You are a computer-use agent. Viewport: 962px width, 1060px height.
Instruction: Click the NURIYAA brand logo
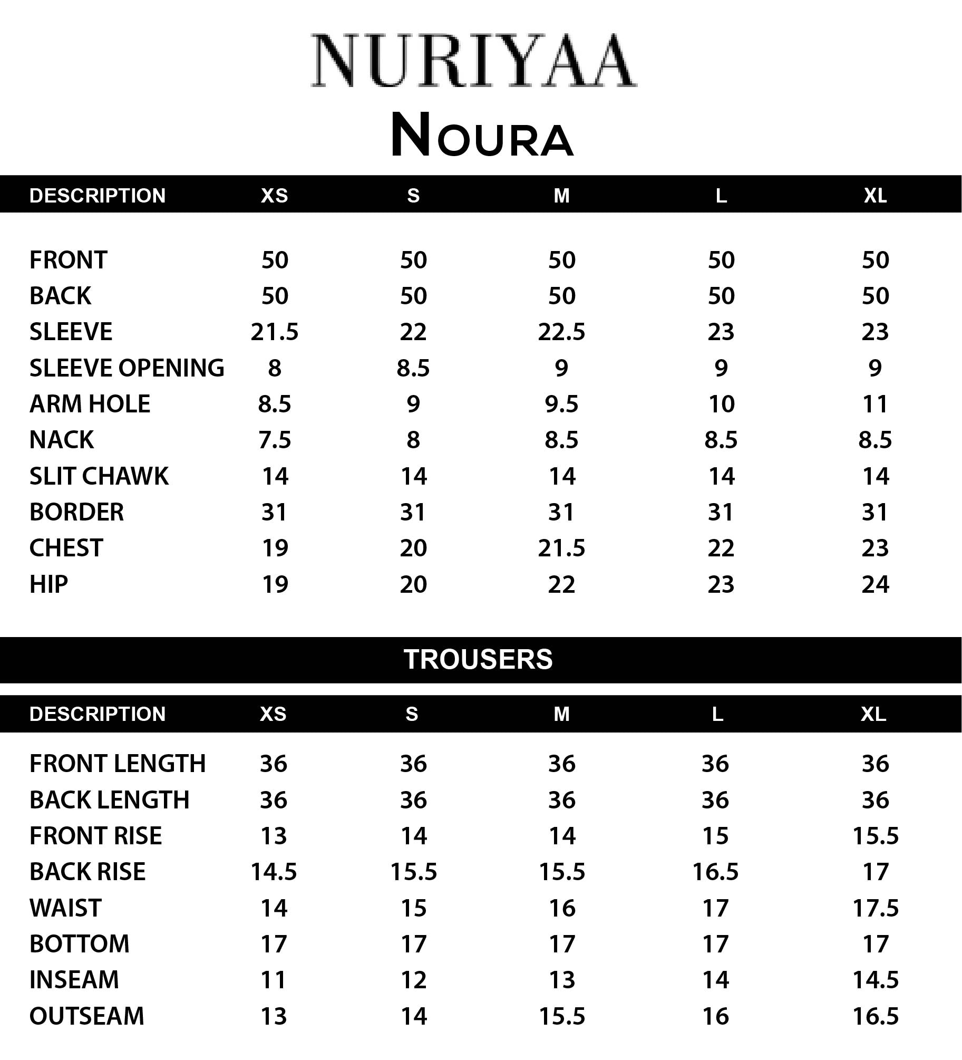click(x=473, y=61)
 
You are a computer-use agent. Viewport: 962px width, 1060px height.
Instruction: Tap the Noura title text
click(x=482, y=136)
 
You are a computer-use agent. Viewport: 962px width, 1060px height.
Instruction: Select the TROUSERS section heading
click(x=478, y=659)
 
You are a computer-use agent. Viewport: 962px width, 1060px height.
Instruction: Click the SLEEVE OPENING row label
click(x=127, y=368)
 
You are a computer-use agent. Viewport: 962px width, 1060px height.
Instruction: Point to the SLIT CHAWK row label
click(x=99, y=476)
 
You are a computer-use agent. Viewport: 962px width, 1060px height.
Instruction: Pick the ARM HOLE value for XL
click(x=875, y=404)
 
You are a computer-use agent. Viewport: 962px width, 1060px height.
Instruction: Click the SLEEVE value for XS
click(x=274, y=332)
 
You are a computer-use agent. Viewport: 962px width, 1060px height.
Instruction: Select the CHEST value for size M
click(x=561, y=548)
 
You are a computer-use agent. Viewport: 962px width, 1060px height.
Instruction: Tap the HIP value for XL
click(x=875, y=584)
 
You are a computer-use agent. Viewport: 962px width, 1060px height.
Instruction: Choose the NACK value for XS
click(x=274, y=440)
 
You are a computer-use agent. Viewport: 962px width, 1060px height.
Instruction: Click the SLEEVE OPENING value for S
click(x=413, y=368)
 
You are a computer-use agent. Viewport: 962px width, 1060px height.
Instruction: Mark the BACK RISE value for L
click(x=715, y=872)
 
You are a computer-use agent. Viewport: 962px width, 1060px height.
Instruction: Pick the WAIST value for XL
click(x=875, y=908)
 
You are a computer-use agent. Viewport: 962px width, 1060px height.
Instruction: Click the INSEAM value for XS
click(x=274, y=980)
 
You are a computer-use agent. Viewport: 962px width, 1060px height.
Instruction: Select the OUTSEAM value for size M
click(x=561, y=1016)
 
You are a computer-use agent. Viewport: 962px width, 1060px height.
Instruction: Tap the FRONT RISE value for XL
click(x=875, y=836)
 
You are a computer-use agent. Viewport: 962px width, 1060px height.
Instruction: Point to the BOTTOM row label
click(x=79, y=944)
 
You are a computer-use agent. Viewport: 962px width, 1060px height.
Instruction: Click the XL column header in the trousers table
click(x=873, y=714)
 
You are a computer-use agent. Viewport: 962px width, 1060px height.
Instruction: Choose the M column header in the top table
click(x=561, y=196)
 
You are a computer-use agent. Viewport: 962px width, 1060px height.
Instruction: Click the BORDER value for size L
click(x=721, y=512)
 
